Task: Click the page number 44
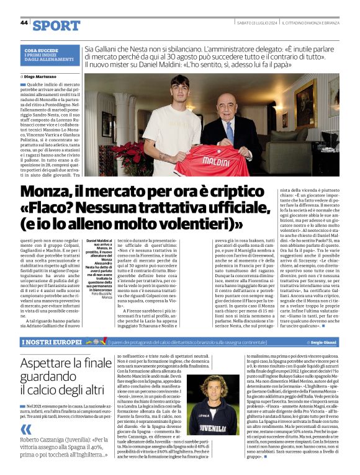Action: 24,23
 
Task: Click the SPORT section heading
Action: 56,25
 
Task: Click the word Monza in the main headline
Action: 50,192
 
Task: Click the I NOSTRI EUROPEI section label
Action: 49,342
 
